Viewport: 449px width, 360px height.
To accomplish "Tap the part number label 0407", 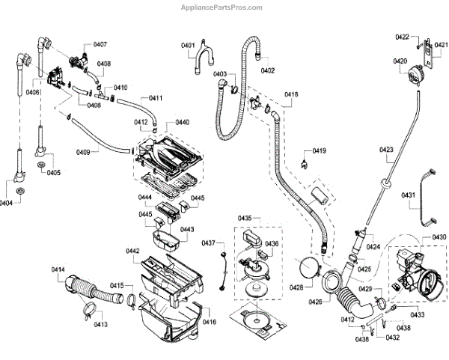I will (100, 45).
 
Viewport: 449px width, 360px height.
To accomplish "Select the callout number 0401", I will (188, 46).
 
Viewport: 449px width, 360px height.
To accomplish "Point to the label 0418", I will (291, 94).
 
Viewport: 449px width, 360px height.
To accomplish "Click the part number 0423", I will (386, 150).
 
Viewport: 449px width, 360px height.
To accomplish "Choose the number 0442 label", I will (132, 251).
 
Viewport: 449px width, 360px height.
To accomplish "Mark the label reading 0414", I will (58, 269).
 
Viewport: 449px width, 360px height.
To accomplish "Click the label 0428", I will (296, 287).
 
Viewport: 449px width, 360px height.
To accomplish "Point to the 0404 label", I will (6, 204).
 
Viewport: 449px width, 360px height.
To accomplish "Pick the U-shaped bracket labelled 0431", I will (427, 195).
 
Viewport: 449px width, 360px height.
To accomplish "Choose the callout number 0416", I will (210, 322).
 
